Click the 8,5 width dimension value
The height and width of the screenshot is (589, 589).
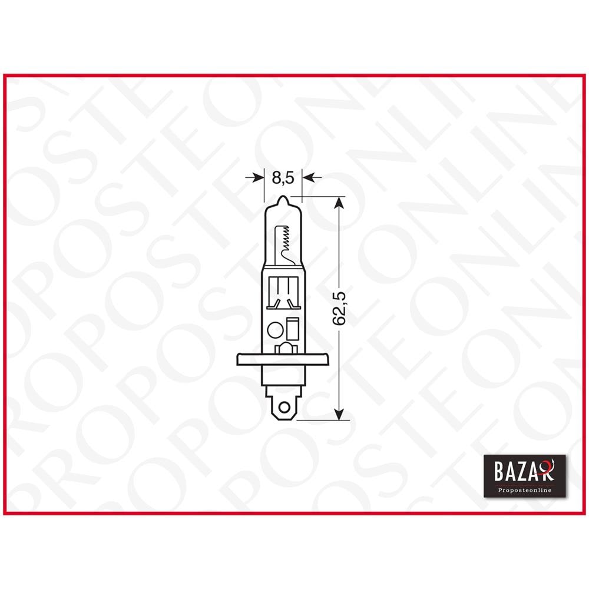point(282,177)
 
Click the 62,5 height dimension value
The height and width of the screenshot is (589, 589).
point(338,308)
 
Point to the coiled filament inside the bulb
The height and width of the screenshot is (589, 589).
point(286,239)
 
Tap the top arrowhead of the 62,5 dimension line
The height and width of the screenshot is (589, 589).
point(339,203)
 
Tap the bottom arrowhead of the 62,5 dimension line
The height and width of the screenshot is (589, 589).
point(339,415)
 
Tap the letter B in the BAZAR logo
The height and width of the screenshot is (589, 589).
point(495,472)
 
